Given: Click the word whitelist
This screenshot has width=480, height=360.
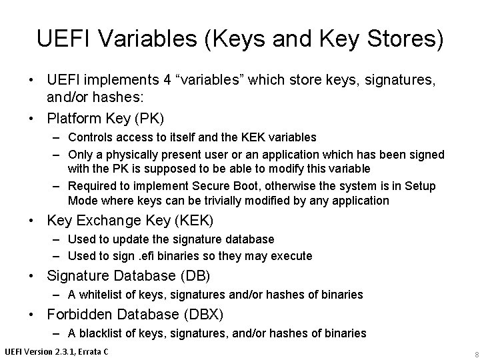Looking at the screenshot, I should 101,294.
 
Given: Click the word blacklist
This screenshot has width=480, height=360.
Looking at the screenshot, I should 102,333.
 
